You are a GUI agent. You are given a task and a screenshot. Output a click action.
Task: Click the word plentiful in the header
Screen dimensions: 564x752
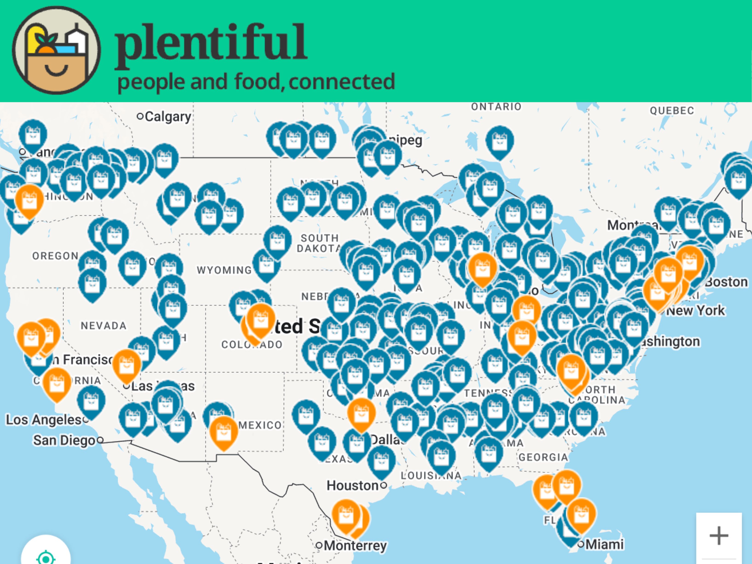point(211,43)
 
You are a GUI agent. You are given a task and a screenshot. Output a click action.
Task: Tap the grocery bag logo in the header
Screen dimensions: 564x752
point(56,50)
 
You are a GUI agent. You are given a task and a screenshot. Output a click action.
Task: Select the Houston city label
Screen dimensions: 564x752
point(353,486)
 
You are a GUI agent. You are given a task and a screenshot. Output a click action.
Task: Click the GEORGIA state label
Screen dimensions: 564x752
point(543,457)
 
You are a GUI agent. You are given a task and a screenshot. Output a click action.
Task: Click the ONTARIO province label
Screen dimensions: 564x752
point(496,107)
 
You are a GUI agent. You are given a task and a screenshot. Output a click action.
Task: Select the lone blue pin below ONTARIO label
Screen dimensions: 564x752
point(499,141)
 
